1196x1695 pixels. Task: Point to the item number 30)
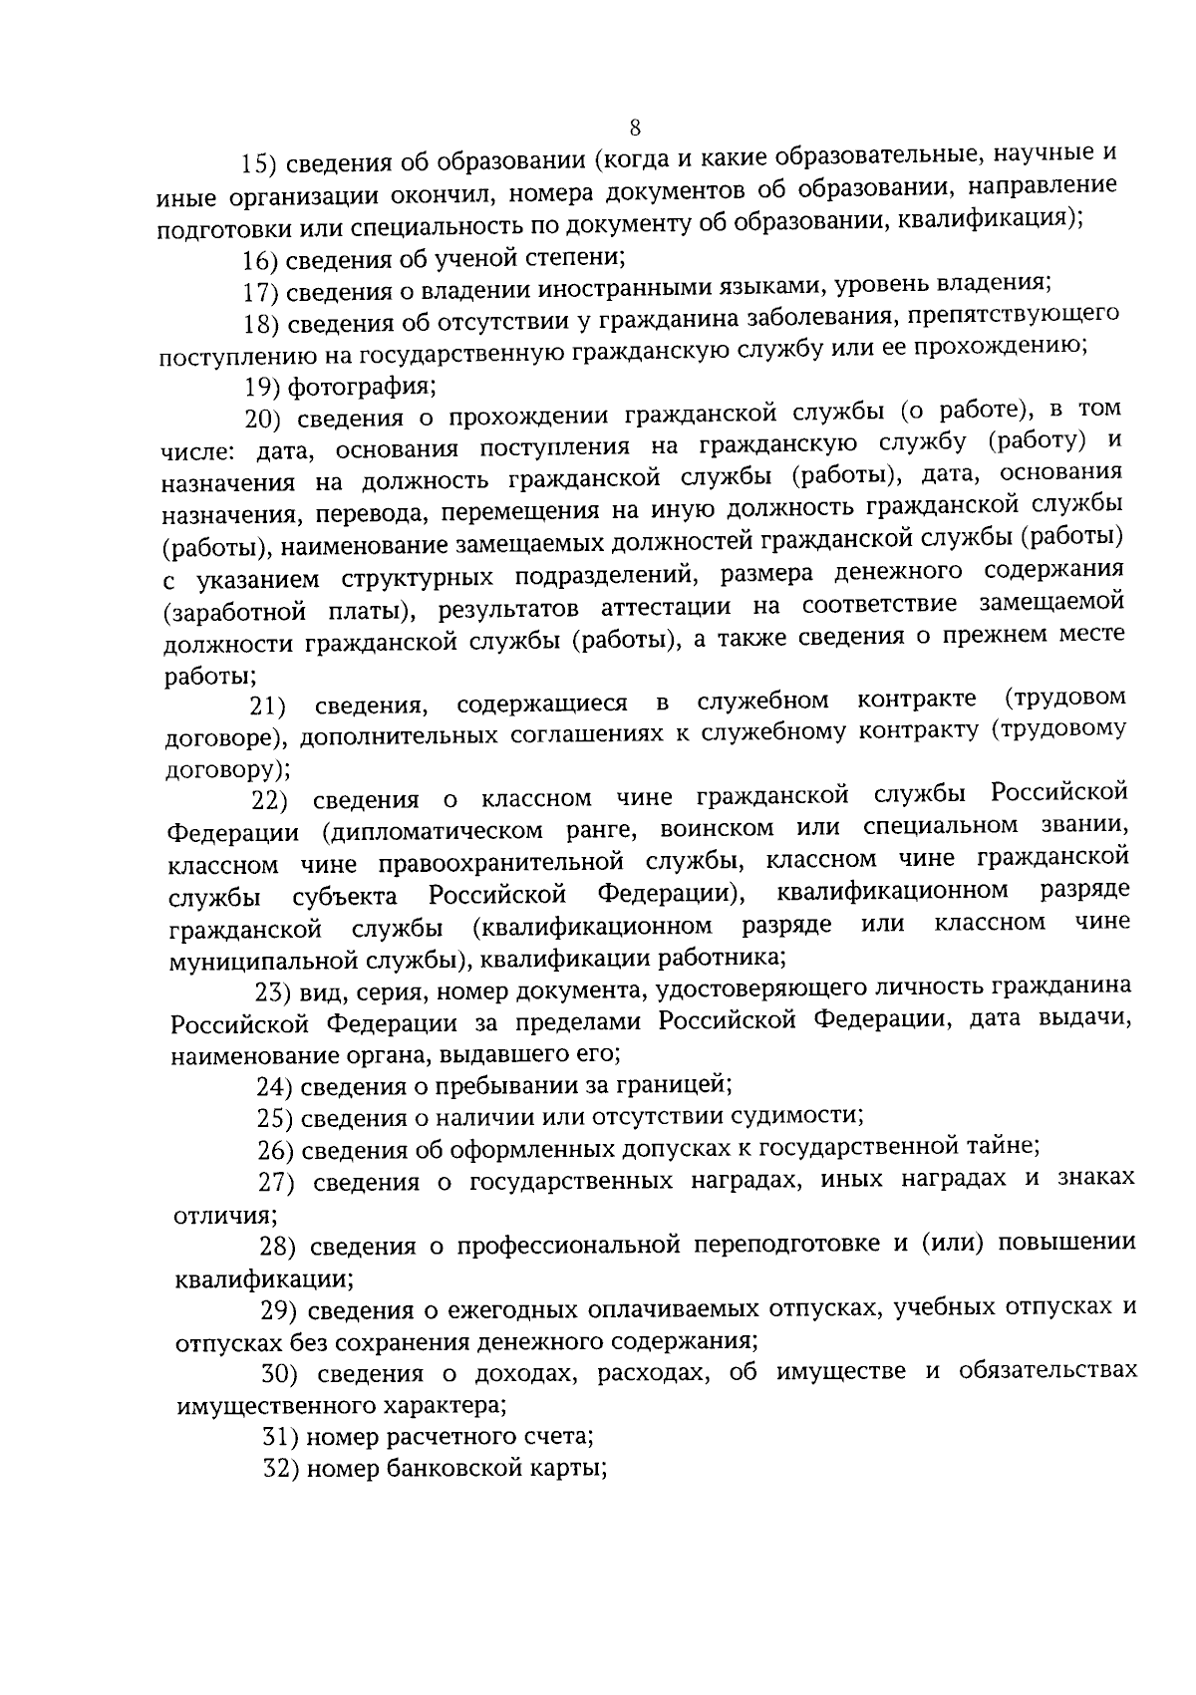281,1375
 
